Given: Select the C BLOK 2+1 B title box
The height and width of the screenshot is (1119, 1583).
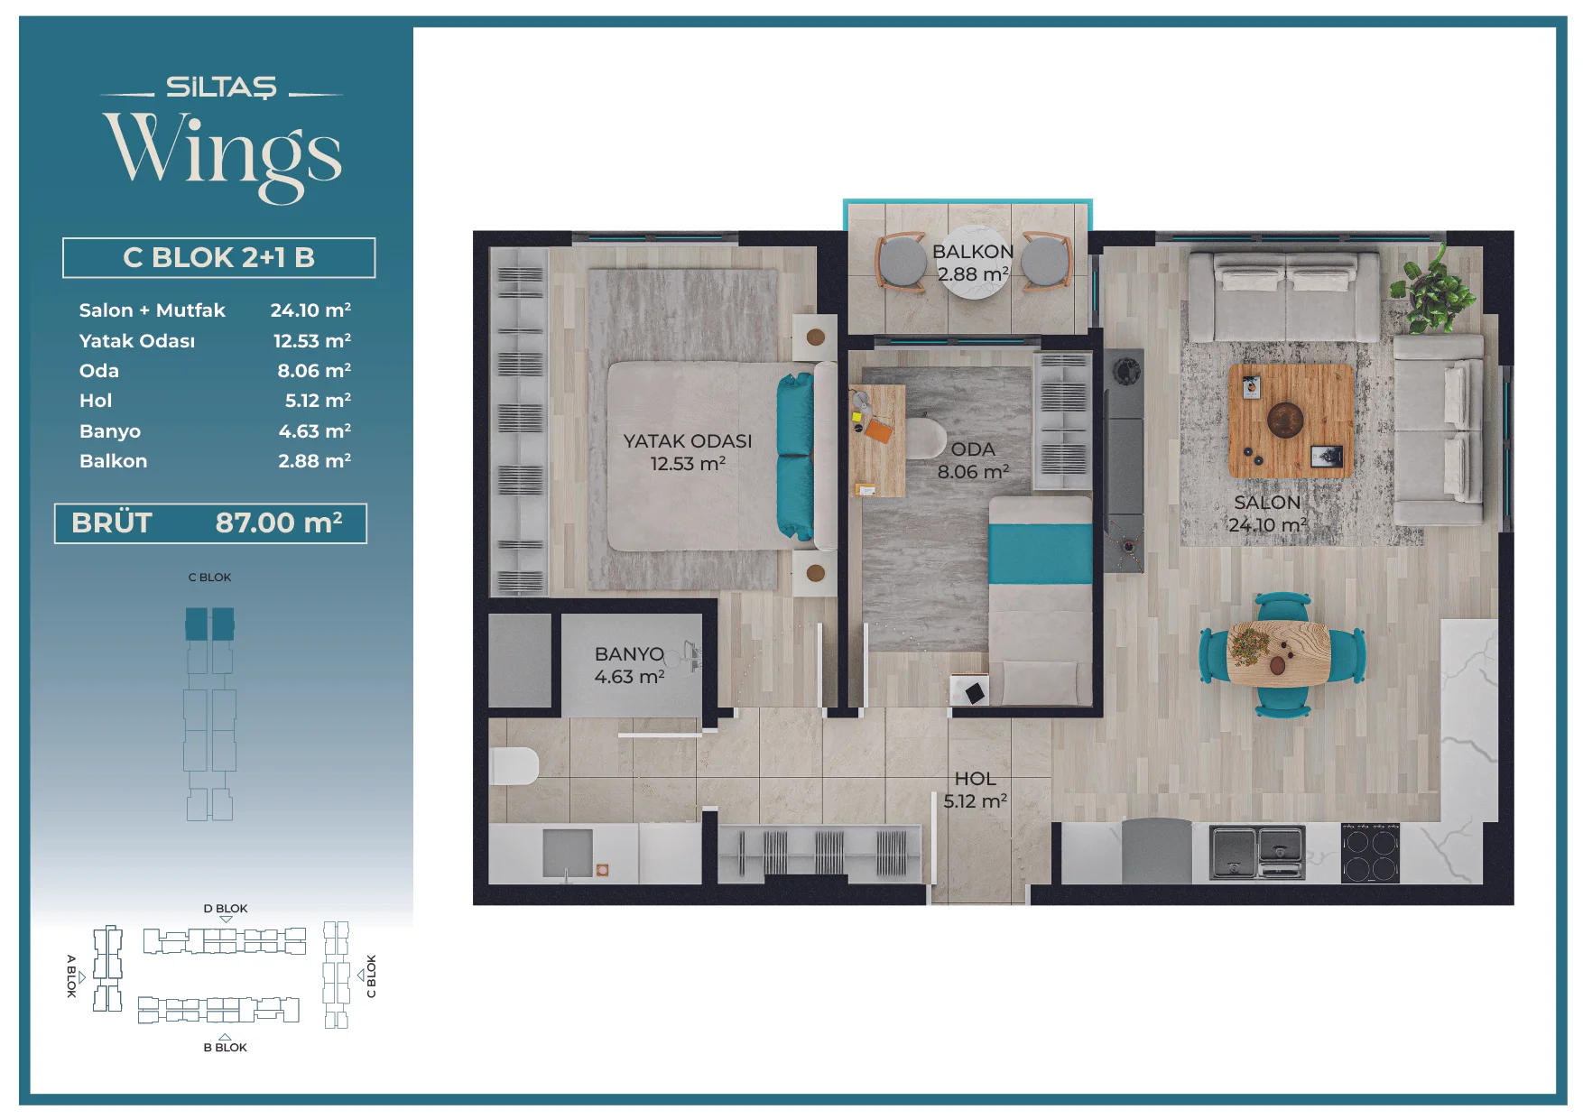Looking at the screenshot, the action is pyautogui.click(x=218, y=258).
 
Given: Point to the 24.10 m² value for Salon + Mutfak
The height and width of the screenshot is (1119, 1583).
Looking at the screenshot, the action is pyautogui.click(x=310, y=310).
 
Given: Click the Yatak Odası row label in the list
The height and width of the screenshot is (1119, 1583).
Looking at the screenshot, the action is pyautogui.click(x=137, y=341).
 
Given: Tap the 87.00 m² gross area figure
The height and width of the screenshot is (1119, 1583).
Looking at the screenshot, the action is pyautogui.click(x=279, y=523).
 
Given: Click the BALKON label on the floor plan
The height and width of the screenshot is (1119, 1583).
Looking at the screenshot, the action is pyautogui.click(x=972, y=252).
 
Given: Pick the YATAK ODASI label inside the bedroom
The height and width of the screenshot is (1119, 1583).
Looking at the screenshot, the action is pyautogui.click(x=687, y=441).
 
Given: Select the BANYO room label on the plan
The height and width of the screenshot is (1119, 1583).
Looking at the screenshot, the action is pyautogui.click(x=629, y=654).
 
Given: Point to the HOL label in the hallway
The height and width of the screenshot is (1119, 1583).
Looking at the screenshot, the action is pyautogui.click(x=976, y=778).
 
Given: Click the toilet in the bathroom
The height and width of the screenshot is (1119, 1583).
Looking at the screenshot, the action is pyautogui.click(x=514, y=766).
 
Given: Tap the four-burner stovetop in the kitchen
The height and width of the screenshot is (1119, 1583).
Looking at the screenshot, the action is pyautogui.click(x=1370, y=854).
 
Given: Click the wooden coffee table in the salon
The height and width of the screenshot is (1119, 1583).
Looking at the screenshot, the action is pyautogui.click(x=1291, y=421).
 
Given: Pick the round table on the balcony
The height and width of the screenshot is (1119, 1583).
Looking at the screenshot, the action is pyautogui.click(x=972, y=262).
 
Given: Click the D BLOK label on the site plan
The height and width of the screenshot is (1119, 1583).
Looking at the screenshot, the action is pyautogui.click(x=226, y=909).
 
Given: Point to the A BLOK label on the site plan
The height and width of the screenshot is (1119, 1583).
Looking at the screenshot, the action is pyautogui.click(x=71, y=976).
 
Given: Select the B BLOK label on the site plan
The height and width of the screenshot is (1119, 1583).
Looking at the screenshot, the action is pyautogui.click(x=225, y=1048).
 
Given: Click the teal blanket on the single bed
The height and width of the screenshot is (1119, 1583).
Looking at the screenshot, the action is pyautogui.click(x=1040, y=554).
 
